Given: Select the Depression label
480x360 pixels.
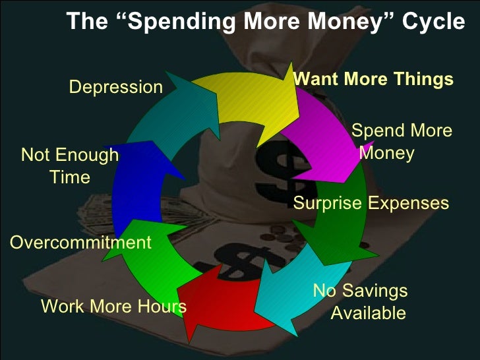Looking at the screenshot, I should click(116, 87).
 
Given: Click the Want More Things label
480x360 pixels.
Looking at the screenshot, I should click(373, 80).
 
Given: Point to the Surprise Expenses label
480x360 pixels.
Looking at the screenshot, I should click(371, 203).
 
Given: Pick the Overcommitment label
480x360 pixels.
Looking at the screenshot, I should click(81, 243).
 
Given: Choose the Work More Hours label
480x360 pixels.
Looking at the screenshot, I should click(113, 307).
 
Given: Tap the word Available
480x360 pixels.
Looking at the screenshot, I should click(368, 313).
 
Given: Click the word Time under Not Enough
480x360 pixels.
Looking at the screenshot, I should click(70, 177).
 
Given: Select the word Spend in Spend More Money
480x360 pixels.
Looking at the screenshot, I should click(376, 131).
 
